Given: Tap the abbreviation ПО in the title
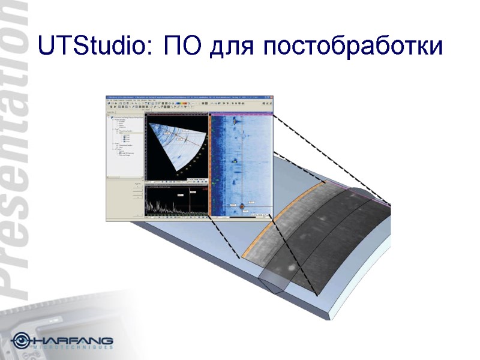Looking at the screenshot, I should tap(182, 47).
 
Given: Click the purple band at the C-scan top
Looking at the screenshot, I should tap(240, 114).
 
